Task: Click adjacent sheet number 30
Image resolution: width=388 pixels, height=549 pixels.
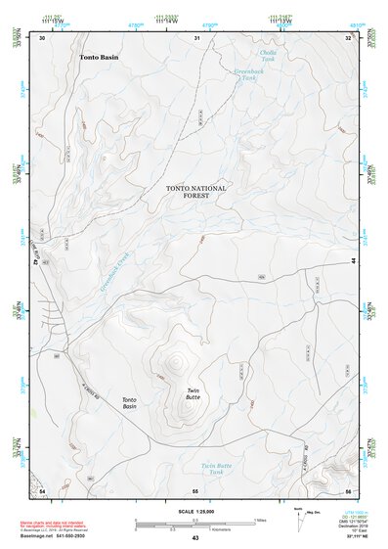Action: (x=41, y=38)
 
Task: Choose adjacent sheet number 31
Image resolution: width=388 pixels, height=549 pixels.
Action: (x=196, y=38)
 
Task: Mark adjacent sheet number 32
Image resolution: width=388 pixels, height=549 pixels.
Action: (x=349, y=38)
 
